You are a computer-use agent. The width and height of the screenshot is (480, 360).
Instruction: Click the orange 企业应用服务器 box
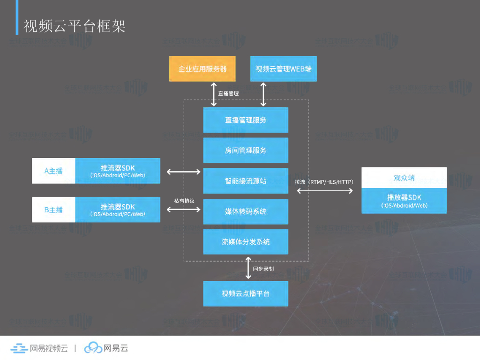click(x=202, y=69)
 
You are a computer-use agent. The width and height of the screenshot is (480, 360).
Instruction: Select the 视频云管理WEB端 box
click(x=283, y=69)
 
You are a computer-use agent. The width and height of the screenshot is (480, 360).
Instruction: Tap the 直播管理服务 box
click(x=246, y=120)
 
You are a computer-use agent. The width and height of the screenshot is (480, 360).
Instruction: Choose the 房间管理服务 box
click(x=246, y=150)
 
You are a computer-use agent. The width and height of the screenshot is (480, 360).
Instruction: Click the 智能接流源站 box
click(x=246, y=180)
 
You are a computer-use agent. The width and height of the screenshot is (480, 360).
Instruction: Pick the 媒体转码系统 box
click(x=246, y=211)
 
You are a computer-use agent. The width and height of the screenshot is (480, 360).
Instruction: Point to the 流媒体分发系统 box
click(x=246, y=242)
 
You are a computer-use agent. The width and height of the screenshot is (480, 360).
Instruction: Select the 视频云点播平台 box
click(x=246, y=293)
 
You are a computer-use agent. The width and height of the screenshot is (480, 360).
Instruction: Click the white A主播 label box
click(x=53, y=171)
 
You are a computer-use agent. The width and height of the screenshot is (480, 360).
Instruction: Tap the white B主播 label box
click(x=53, y=210)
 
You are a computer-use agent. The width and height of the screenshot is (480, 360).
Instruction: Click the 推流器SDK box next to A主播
click(x=118, y=171)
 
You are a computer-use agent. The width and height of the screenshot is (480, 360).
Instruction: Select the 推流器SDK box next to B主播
click(x=118, y=210)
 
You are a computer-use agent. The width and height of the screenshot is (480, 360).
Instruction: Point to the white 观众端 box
click(x=404, y=178)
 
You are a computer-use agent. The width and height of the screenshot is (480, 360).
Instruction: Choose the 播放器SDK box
click(x=404, y=201)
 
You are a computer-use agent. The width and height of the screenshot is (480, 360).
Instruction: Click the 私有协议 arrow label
click(x=184, y=200)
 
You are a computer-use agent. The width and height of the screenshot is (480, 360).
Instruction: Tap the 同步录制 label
click(x=263, y=269)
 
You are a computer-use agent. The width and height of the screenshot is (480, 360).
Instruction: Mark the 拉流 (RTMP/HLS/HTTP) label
click(x=324, y=181)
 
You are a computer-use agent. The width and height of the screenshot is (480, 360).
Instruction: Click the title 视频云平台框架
click(x=75, y=26)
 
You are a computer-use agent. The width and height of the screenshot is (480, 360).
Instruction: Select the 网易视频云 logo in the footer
click(x=39, y=348)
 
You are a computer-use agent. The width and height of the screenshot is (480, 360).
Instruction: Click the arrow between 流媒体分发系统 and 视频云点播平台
click(x=248, y=269)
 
